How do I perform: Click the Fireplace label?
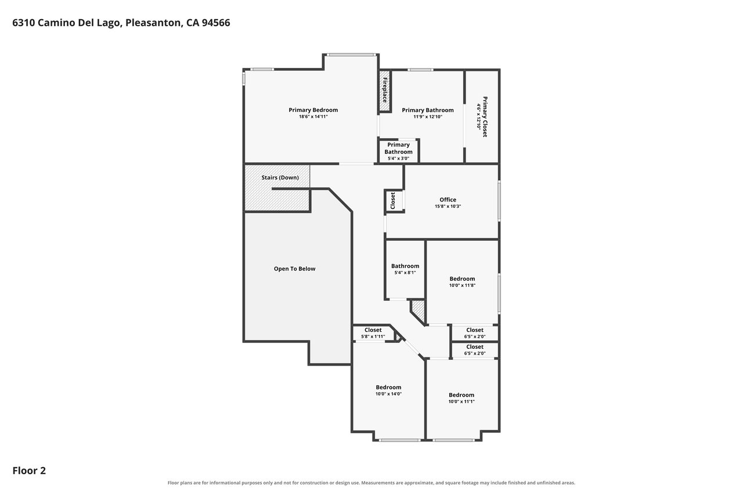[x=385, y=90]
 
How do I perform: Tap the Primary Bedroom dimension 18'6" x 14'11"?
[x=313, y=117]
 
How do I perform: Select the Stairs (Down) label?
[x=280, y=178]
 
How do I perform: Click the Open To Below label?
[x=294, y=269]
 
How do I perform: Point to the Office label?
[x=448, y=200]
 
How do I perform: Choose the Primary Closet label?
[x=485, y=117]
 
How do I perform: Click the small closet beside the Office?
[x=394, y=201]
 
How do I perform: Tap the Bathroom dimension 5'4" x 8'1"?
[x=405, y=273]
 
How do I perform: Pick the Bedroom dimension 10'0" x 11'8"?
[x=462, y=285]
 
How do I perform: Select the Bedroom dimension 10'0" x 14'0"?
[x=388, y=394]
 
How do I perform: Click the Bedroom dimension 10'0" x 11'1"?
[x=461, y=402]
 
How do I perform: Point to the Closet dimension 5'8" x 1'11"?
[x=373, y=337]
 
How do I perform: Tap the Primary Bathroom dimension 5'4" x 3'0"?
[x=398, y=158]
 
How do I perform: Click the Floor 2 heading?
[x=29, y=471]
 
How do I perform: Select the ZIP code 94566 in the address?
[x=216, y=23]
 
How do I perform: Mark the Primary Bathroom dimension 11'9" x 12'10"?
[x=428, y=117]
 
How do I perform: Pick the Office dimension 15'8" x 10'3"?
[x=448, y=206]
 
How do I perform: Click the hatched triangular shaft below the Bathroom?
[x=419, y=310]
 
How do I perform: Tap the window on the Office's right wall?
[x=499, y=201]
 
